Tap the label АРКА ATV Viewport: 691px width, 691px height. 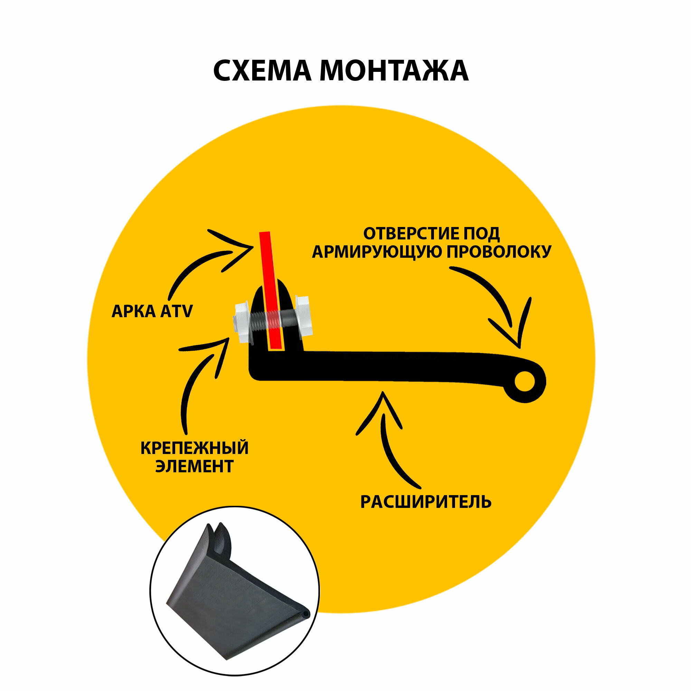pos(152,311)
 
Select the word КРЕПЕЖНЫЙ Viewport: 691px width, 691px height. pos(195,448)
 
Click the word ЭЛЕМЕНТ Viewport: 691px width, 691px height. pos(195,466)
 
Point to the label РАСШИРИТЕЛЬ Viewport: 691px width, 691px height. pos(426,502)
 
